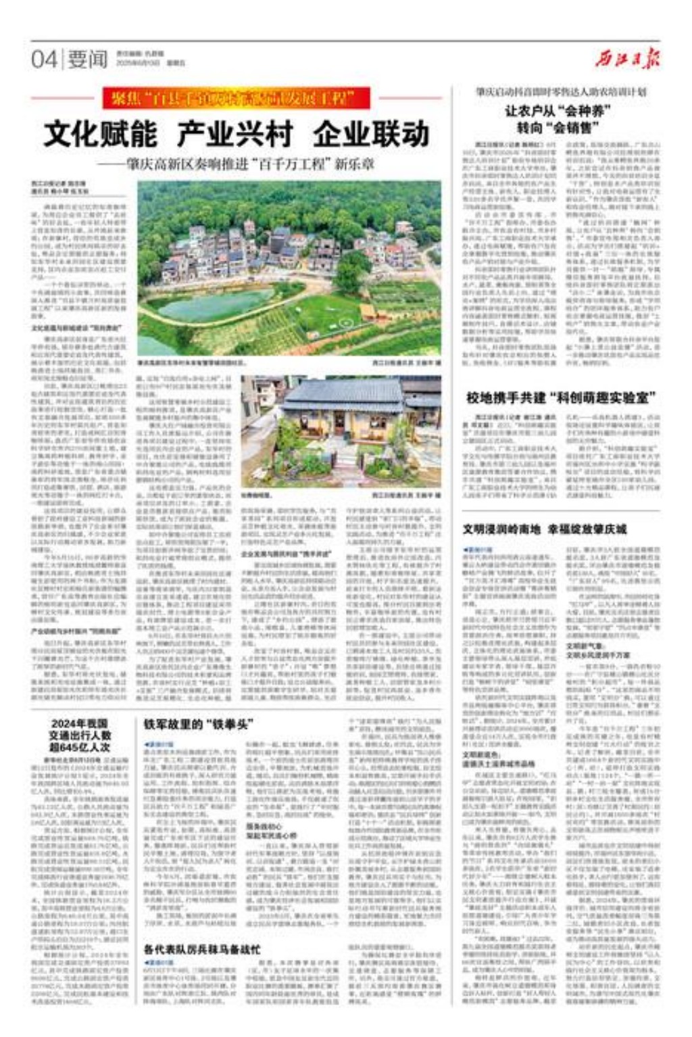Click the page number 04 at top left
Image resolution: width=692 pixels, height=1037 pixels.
coord(44,59)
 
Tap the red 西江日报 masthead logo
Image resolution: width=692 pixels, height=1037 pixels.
coord(628,58)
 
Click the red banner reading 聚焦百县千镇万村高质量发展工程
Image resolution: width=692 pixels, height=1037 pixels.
coord(237,99)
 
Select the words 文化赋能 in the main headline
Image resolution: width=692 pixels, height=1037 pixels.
coord(101,134)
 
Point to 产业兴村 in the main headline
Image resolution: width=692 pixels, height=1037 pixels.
coord(234,134)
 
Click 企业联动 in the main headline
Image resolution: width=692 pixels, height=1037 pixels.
coord(371,134)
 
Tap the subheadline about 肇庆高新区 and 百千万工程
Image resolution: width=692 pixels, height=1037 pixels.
coord(243,164)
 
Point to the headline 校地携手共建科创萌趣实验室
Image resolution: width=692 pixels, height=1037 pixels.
coord(561,397)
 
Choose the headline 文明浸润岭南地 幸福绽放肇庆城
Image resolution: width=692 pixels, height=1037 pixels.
coord(545,529)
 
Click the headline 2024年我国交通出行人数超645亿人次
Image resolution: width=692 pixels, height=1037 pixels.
coord(79,735)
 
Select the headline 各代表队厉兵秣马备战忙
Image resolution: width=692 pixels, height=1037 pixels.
coord(201,949)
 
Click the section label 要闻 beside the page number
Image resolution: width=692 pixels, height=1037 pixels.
coord(87,59)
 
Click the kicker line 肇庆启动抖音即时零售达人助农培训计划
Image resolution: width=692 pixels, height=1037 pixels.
coord(560,91)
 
